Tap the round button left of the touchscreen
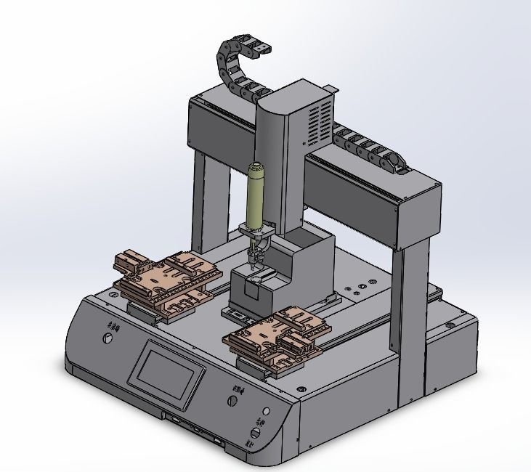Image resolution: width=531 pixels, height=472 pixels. click(108, 340)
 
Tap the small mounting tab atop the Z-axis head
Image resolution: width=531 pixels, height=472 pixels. click(331, 88)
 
